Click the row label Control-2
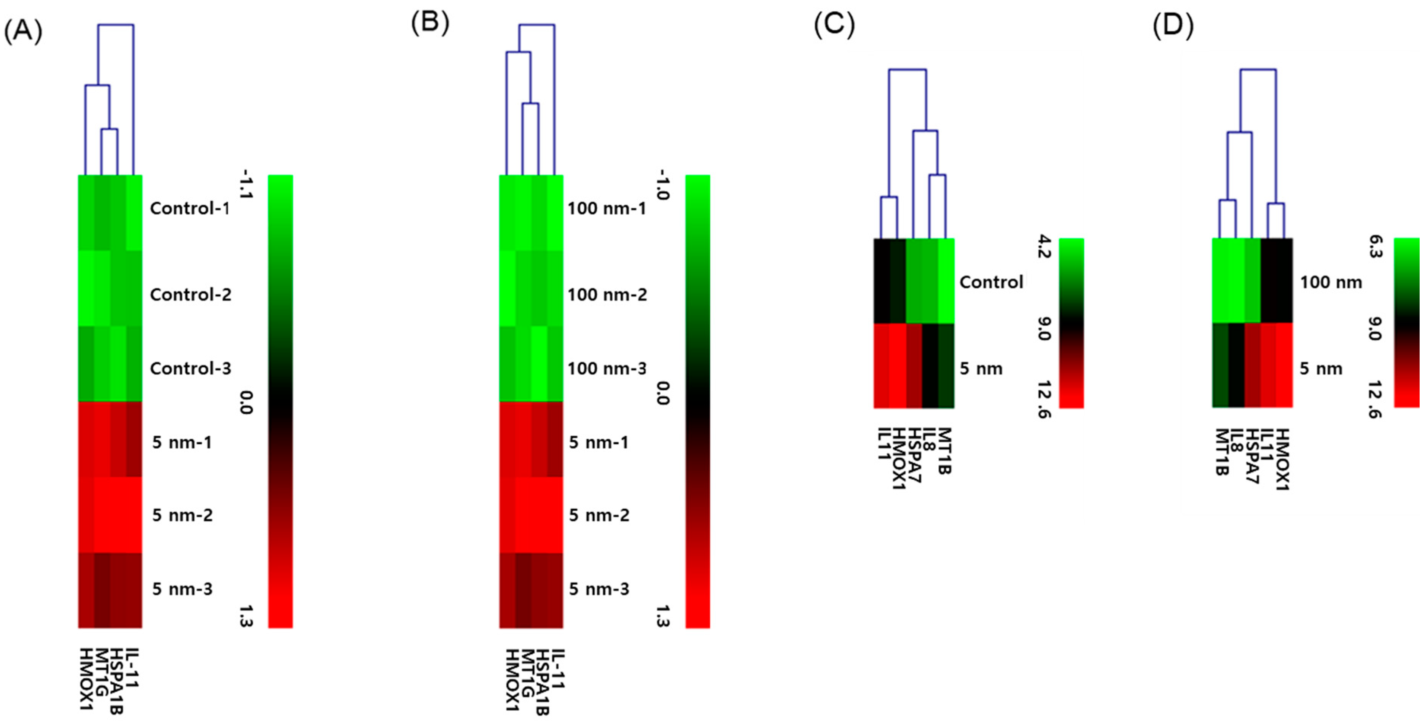[x=190, y=294]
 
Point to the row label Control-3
[x=190, y=369]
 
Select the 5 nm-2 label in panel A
[x=182, y=516]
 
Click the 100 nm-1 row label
[x=607, y=208]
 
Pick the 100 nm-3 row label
[x=607, y=369]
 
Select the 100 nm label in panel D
[x=1331, y=282]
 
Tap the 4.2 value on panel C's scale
[x=1043, y=247]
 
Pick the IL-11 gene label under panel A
[x=131, y=668]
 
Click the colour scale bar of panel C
[x=1071, y=323]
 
